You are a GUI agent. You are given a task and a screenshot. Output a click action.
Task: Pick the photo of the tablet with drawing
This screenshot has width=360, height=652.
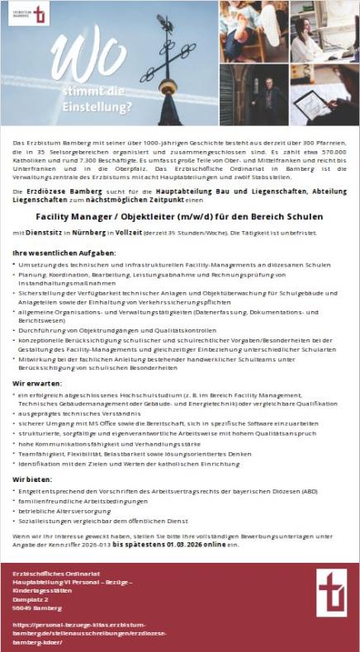click(324, 97)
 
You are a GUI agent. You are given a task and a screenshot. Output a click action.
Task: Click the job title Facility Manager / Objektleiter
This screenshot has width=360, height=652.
click(125, 216)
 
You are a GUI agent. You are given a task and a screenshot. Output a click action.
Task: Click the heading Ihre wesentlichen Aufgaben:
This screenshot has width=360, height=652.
click(64, 252)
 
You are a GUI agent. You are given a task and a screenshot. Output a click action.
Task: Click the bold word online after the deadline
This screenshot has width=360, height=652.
click(215, 546)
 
